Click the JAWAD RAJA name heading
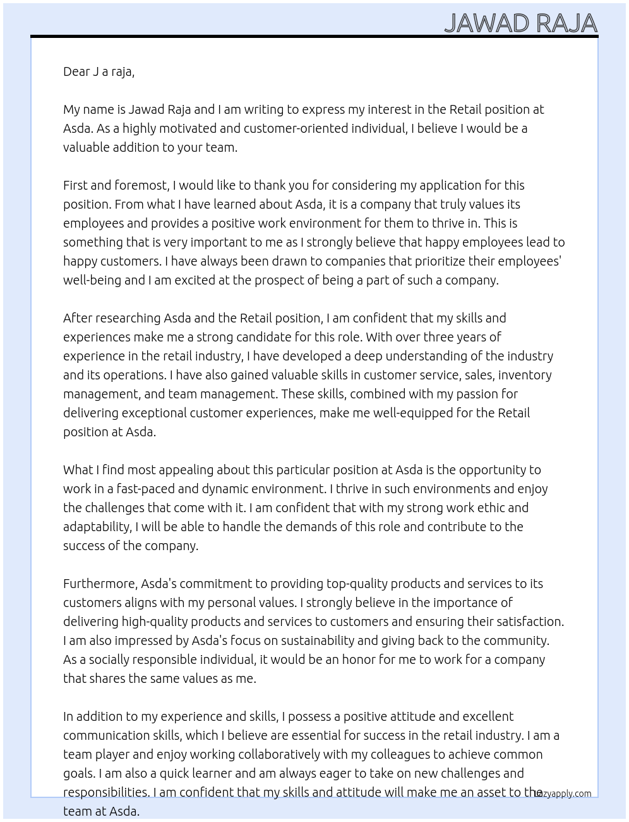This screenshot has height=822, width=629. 520,23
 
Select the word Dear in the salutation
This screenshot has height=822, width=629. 76,71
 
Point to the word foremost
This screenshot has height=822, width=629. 142,185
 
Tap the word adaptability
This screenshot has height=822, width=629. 97,527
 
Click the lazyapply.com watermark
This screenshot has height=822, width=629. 563,794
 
